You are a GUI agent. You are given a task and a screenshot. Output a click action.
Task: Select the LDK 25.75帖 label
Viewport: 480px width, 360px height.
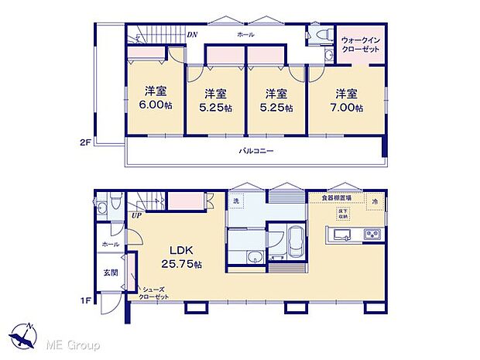pos(181,258)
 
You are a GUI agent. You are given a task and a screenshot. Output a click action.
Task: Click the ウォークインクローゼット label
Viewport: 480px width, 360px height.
pos(360,45)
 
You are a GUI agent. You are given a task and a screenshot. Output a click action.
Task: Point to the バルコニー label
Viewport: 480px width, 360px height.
pos(255,151)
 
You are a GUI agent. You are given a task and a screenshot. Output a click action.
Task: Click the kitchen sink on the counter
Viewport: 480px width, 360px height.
pos(341,235)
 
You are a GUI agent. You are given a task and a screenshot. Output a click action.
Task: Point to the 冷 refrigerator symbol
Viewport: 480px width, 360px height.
pos(373,202)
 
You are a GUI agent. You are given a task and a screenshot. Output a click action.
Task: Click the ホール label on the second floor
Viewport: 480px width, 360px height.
pos(245,36)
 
